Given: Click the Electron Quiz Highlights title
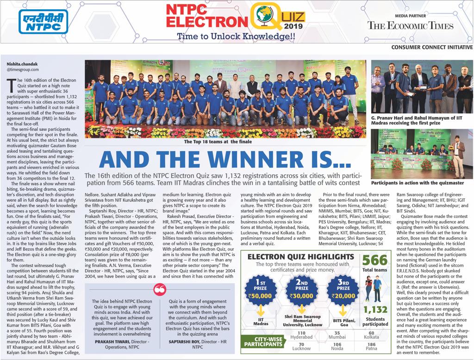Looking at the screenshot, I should [x=301, y=257].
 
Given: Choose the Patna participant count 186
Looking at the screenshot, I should [x=372, y=345].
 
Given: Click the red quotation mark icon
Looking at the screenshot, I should [x=160, y=288].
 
